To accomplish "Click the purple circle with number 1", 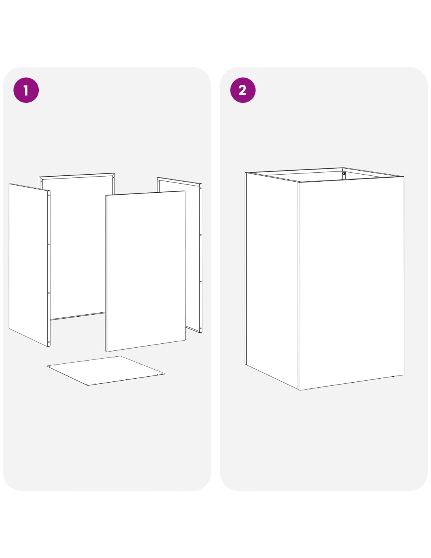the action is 26,90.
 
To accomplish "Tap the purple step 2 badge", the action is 243,90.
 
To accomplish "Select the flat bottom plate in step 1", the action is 106,370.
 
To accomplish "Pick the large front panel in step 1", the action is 145,271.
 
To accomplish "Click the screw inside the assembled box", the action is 344,173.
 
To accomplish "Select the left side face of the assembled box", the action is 272,280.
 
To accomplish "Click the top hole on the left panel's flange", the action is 49,195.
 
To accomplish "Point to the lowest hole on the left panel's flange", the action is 49,342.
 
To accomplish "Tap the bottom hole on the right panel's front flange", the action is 201,328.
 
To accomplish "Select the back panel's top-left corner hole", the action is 41,182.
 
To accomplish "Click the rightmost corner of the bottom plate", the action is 165,374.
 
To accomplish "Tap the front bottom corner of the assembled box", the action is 300,390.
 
